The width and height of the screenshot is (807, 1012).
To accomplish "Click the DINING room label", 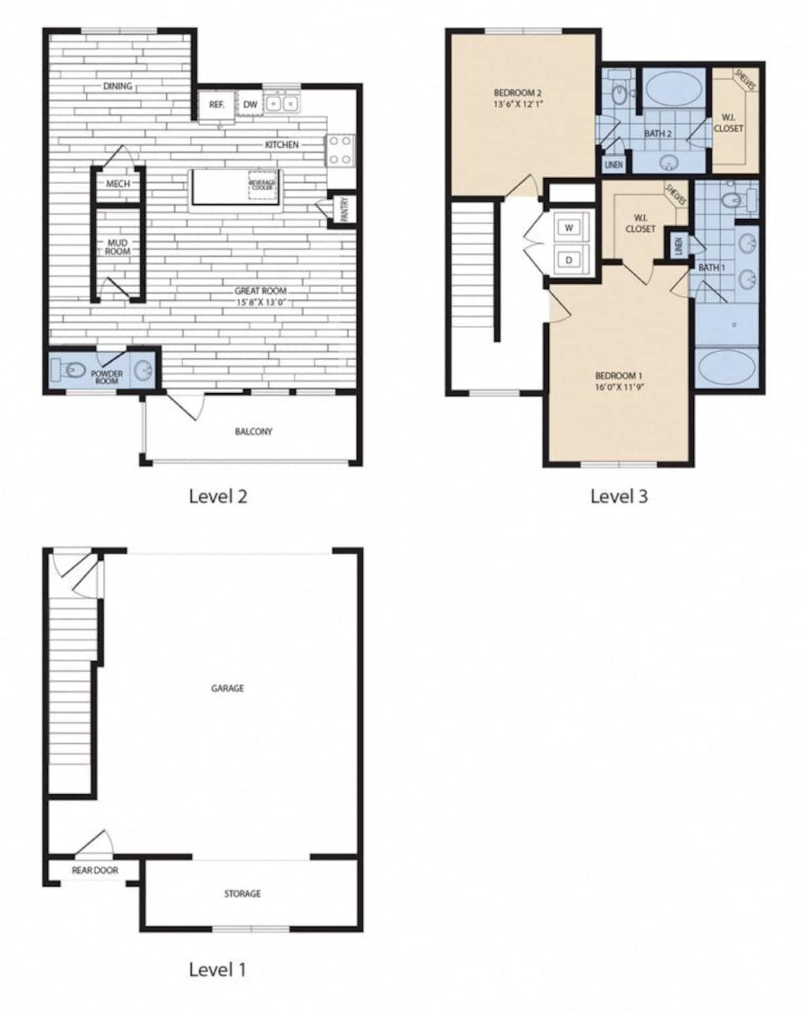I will pos(118,86).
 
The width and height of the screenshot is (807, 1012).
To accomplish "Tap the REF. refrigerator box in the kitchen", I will pos(217,105).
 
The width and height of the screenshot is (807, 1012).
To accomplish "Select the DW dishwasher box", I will pos(249,105).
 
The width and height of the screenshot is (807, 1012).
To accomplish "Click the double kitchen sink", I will pos(282,103).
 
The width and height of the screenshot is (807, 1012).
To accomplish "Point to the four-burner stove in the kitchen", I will pos(340,150).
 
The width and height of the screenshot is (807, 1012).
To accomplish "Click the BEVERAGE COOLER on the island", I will pos(262,185).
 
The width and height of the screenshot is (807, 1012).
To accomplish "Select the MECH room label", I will pos(118,184).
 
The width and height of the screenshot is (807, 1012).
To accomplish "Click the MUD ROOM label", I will pos(118,247).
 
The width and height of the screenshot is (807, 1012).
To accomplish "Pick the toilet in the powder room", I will pos(68,370).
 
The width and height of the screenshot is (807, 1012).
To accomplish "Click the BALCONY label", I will pos(254,431).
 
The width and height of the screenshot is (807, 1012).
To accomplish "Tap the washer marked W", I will pos(570,228).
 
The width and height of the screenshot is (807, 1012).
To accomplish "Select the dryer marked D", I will pos(570,259).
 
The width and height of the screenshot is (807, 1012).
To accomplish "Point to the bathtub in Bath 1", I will pos(728,368).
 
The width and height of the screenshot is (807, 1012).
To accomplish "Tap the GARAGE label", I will pos(227,688).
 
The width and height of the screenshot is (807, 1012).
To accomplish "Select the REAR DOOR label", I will pos(95,870).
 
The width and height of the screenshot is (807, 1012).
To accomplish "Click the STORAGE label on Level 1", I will pos(242,894).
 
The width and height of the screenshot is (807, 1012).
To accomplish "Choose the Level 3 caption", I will pos(619,497).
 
